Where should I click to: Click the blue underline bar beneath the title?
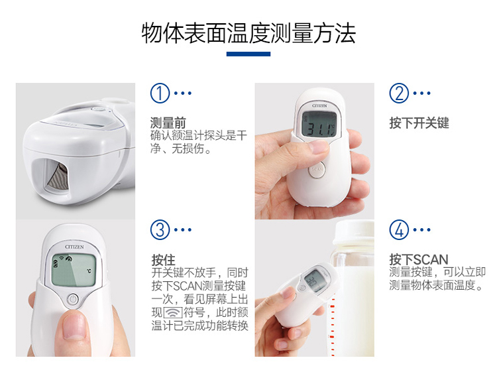(x=248, y=54)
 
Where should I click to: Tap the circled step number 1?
(x=160, y=93)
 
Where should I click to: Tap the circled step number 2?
(x=398, y=93)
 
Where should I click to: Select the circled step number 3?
(x=160, y=230)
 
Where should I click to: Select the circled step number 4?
(x=398, y=230)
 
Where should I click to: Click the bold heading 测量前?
(x=168, y=123)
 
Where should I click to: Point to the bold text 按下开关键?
(x=419, y=123)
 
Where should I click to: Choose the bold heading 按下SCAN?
(x=419, y=259)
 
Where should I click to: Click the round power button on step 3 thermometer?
(x=74, y=300)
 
